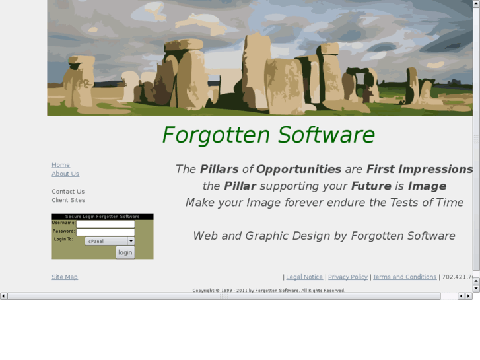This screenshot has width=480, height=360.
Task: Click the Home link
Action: click(x=61, y=165)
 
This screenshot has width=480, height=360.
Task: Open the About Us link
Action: click(x=65, y=174)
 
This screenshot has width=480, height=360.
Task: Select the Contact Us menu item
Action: click(x=68, y=192)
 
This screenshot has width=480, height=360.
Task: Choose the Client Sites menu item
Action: click(x=68, y=200)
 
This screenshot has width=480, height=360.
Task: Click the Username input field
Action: click(x=105, y=224)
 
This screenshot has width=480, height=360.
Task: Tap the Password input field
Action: click(x=105, y=232)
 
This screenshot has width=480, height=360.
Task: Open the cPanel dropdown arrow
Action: click(x=131, y=241)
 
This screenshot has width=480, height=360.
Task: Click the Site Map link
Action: click(x=65, y=277)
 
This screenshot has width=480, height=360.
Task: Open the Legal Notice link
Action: click(x=304, y=277)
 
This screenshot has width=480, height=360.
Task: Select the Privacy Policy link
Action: click(x=348, y=277)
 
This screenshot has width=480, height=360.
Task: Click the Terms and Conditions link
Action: click(x=405, y=277)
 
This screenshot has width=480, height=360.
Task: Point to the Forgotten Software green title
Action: click(x=268, y=135)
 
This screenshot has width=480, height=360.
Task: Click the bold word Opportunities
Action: click(x=298, y=169)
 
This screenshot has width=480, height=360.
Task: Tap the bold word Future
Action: click(x=371, y=186)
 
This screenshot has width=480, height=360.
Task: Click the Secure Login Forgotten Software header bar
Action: click(x=102, y=217)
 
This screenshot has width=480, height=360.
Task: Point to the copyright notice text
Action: click(x=268, y=290)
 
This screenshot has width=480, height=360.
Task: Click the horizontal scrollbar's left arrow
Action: click(x=3, y=296)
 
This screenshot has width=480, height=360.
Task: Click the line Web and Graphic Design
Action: click(x=324, y=236)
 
